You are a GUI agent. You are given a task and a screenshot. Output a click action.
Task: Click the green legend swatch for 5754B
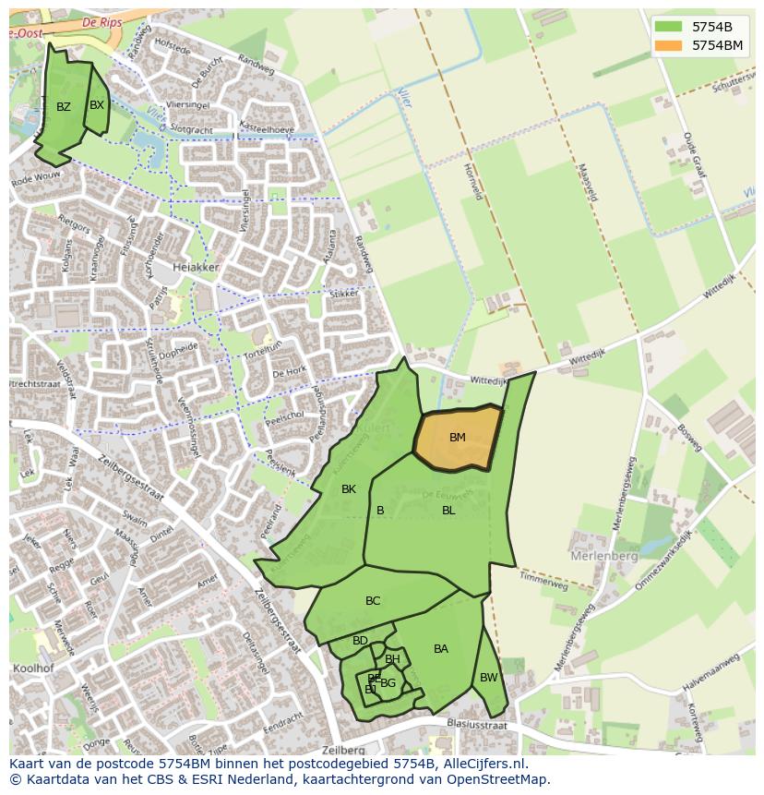pyautogui.click(x=670, y=27)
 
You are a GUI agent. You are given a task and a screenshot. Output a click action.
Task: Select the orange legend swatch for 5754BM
pyautogui.click(x=670, y=45)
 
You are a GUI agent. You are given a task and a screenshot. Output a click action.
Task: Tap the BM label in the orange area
pyautogui.click(x=458, y=438)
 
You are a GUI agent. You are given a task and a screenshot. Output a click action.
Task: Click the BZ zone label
pyautogui.click(x=64, y=107)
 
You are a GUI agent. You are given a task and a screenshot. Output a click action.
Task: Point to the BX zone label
pyautogui.click(x=97, y=105)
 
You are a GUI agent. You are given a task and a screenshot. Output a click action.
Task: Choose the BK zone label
pyautogui.click(x=349, y=489)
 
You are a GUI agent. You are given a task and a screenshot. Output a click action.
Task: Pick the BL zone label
pyautogui.click(x=448, y=511)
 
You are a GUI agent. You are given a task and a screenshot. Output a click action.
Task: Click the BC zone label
pyautogui.click(x=373, y=601)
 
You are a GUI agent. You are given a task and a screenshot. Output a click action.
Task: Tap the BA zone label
pyautogui.click(x=441, y=649)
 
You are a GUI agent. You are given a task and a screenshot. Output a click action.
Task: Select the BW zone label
pyautogui.click(x=488, y=678)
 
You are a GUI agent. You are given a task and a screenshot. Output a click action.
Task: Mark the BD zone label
pyautogui.click(x=360, y=641)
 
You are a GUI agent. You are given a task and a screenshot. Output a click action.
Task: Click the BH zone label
pyautogui.click(x=392, y=659)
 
